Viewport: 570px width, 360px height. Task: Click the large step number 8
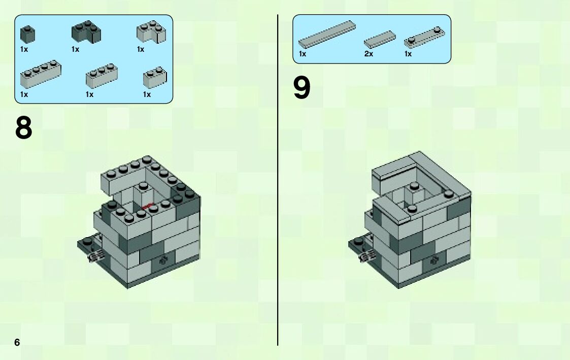click(24, 127)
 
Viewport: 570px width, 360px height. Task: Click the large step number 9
click(301, 88)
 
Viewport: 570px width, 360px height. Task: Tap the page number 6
click(17, 342)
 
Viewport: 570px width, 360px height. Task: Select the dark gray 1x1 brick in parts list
click(27, 34)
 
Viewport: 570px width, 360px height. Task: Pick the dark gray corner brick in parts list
click(86, 32)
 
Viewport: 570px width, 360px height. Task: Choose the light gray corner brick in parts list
click(151, 32)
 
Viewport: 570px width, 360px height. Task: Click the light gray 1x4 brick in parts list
click(41, 74)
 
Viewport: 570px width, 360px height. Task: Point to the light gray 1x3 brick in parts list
click(102, 76)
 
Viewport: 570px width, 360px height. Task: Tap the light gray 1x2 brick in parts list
click(155, 78)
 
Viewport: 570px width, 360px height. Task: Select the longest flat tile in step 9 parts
click(327, 34)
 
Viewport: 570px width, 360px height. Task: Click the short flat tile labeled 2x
click(380, 39)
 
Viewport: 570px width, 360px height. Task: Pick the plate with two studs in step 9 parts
click(424, 38)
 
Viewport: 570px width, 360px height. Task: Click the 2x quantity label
click(368, 54)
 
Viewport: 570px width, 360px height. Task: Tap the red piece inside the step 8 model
click(146, 207)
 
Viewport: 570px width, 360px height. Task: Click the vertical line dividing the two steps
click(278, 180)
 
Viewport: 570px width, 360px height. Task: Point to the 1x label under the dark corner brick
click(75, 49)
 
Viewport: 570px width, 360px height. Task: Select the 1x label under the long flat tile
click(303, 54)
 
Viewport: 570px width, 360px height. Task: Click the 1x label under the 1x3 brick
click(89, 94)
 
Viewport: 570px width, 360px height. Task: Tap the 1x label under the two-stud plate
click(408, 54)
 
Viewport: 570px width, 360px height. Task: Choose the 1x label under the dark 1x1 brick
click(24, 49)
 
